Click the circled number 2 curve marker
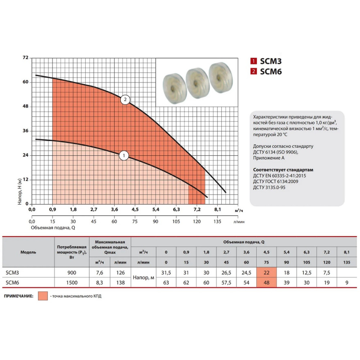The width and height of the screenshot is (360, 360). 125,100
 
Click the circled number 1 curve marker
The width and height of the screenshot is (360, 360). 124,156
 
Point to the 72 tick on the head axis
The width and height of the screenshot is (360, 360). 26,57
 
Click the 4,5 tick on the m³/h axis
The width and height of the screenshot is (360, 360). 135,210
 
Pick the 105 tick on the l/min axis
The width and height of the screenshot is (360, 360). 176,221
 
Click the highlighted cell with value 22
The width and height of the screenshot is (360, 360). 266,273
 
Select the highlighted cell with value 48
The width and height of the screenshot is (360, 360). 266,283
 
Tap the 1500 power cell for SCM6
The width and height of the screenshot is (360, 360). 72,283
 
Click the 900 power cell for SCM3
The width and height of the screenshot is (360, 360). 72,273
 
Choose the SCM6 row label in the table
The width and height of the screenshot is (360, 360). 12,283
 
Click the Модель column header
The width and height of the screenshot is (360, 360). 28,252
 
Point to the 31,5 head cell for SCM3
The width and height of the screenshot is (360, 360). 166,273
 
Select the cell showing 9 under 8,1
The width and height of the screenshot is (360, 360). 347,283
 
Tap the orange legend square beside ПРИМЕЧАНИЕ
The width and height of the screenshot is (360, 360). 43,296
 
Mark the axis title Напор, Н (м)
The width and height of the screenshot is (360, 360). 19,192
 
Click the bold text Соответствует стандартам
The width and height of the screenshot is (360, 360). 283,170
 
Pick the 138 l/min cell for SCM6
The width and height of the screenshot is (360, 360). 120,283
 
